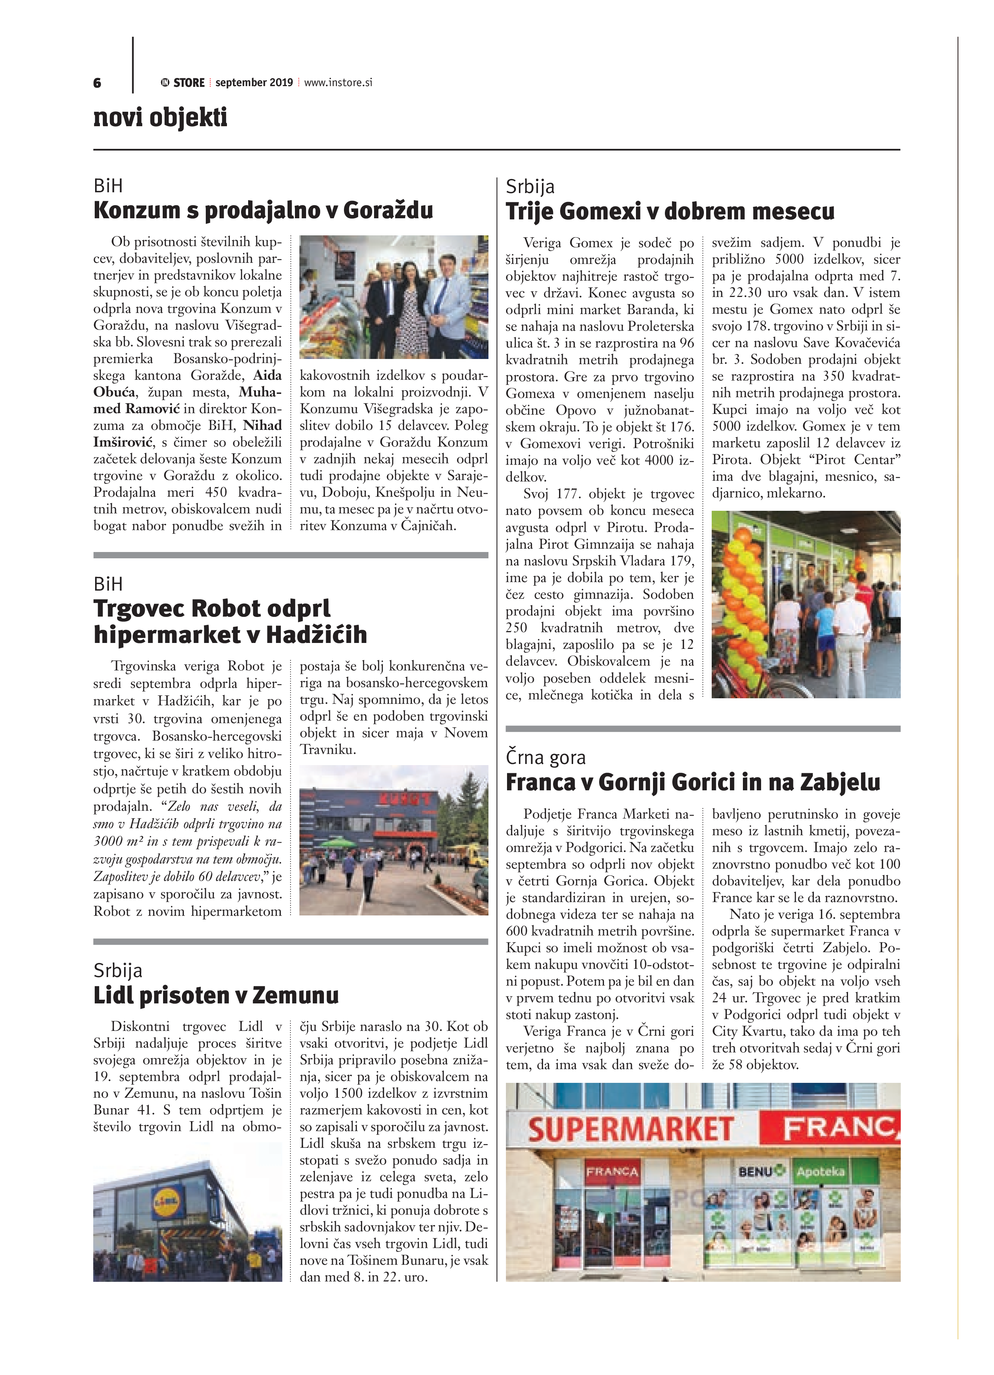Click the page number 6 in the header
coord(97,83)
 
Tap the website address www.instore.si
coord(338,82)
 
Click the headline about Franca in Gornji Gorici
coord(693,782)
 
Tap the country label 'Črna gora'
coord(545,757)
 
